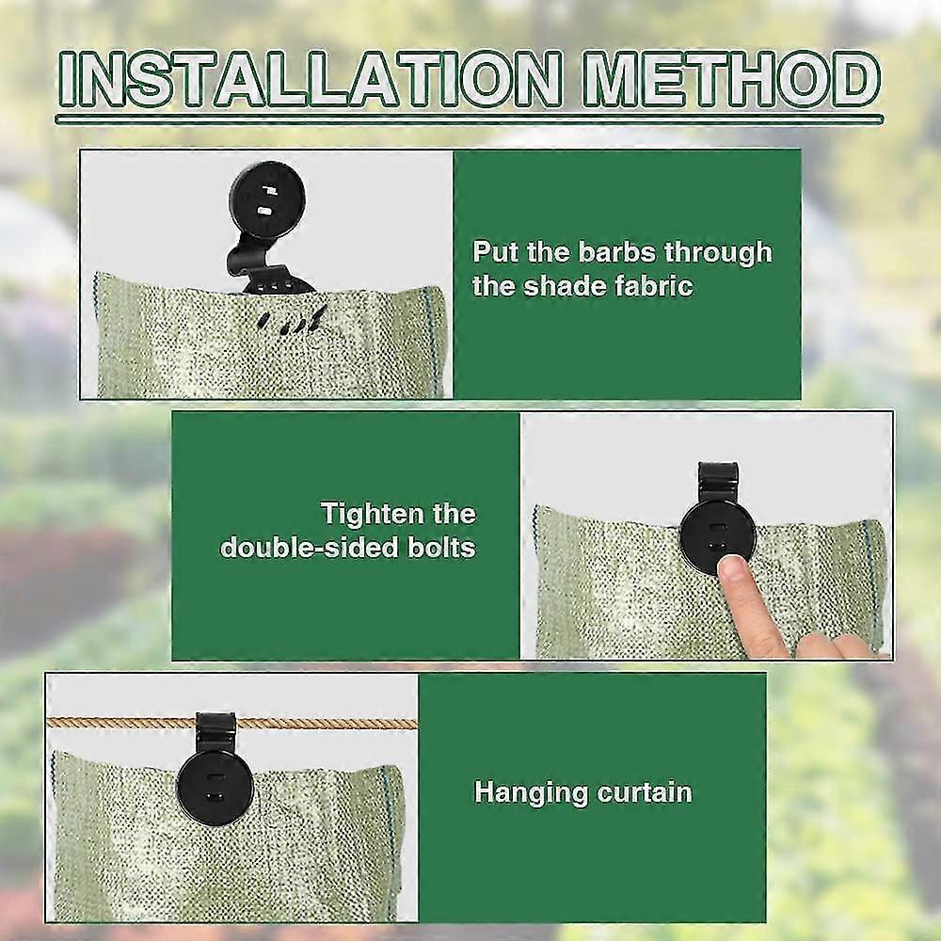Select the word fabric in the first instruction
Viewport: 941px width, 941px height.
(648, 285)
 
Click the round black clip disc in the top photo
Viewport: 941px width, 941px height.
(264, 199)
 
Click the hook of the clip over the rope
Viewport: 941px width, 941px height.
(215, 725)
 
